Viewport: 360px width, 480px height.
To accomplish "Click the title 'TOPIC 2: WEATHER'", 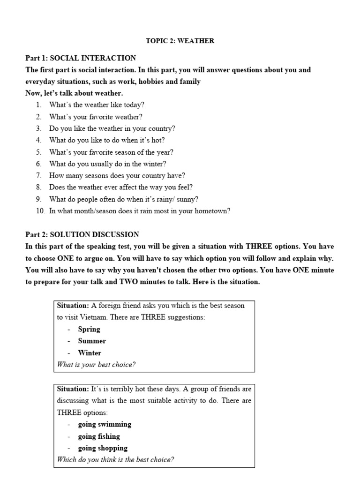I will pos(180,41).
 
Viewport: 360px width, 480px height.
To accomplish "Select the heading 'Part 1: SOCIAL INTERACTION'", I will pos(81,58).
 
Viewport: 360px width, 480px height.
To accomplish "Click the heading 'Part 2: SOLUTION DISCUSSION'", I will pos(82,234).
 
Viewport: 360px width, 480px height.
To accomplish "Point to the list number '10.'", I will pos(40,211).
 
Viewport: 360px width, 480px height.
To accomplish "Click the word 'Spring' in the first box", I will pos(89,329).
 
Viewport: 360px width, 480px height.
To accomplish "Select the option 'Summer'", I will pos(92,341).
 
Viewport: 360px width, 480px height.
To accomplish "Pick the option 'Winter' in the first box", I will pos(90,353).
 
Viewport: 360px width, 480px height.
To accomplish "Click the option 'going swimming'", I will pos(105,424).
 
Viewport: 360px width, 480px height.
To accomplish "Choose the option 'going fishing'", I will pos(98,436).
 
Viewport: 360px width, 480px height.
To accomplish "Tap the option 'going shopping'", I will pos(103,448).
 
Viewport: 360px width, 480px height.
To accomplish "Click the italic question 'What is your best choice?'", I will pos(96,365).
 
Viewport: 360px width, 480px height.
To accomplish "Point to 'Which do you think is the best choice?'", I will pos(115,460).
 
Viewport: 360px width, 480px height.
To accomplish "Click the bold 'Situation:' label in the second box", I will pos(73,389).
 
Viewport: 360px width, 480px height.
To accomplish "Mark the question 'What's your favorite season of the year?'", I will pos(111,152).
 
